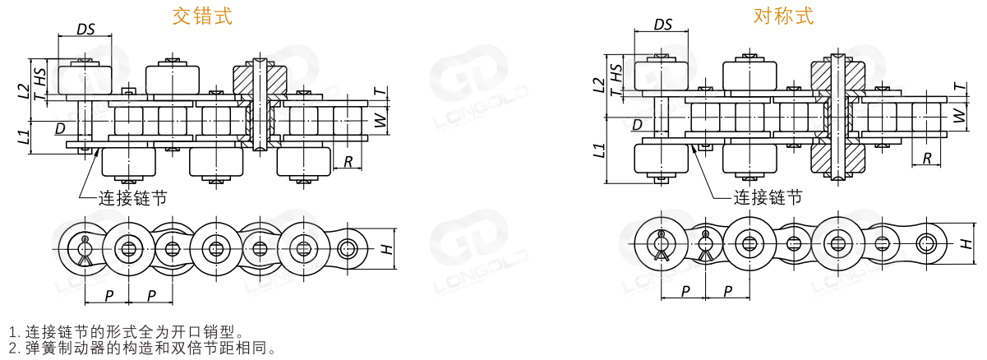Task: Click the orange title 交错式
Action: coord(202,16)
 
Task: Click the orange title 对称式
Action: coord(783,16)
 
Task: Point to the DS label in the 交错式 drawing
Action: coord(85,29)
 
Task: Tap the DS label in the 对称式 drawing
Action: coord(662,25)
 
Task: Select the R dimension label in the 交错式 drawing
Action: coord(348,162)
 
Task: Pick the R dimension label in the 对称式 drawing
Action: coord(927,158)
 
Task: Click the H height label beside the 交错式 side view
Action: coord(386,249)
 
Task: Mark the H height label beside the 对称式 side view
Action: coord(965,243)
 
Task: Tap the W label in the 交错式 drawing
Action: coord(381,120)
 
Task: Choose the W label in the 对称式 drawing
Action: coord(959,115)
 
